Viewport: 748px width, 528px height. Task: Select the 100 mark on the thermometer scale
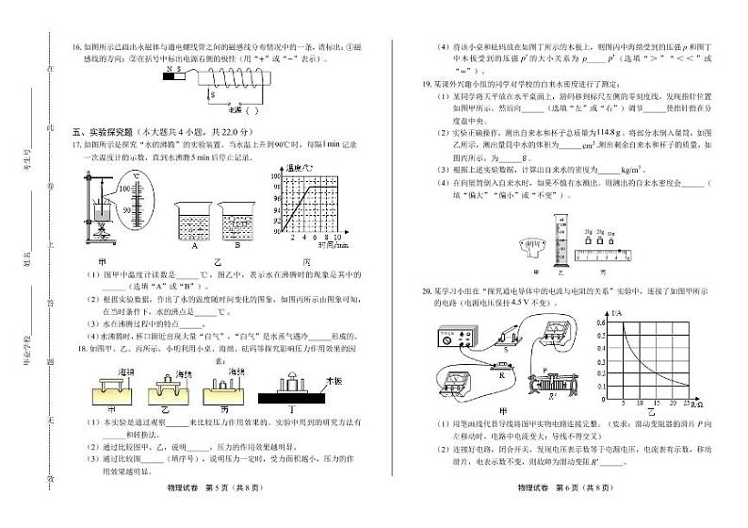(125, 189)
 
